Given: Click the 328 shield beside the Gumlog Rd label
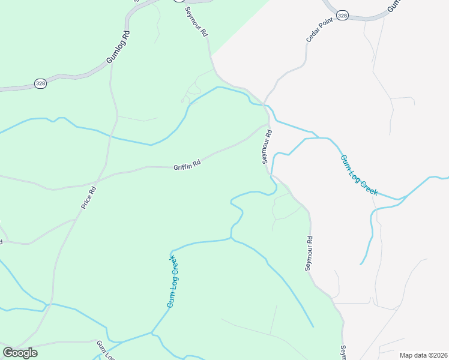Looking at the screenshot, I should click(40, 83).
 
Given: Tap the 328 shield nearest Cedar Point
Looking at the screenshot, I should click(342, 16).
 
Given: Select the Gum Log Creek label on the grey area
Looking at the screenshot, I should click(359, 175).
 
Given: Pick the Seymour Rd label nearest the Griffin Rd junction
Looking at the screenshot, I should click(267, 146).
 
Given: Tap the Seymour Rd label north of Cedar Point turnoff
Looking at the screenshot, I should click(196, 23).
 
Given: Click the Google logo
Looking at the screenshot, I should click(20, 353).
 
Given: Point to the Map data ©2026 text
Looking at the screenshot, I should click(423, 355).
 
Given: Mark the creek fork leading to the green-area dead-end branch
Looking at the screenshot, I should click(231, 238).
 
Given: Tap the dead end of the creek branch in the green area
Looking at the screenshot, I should click(313, 327).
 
